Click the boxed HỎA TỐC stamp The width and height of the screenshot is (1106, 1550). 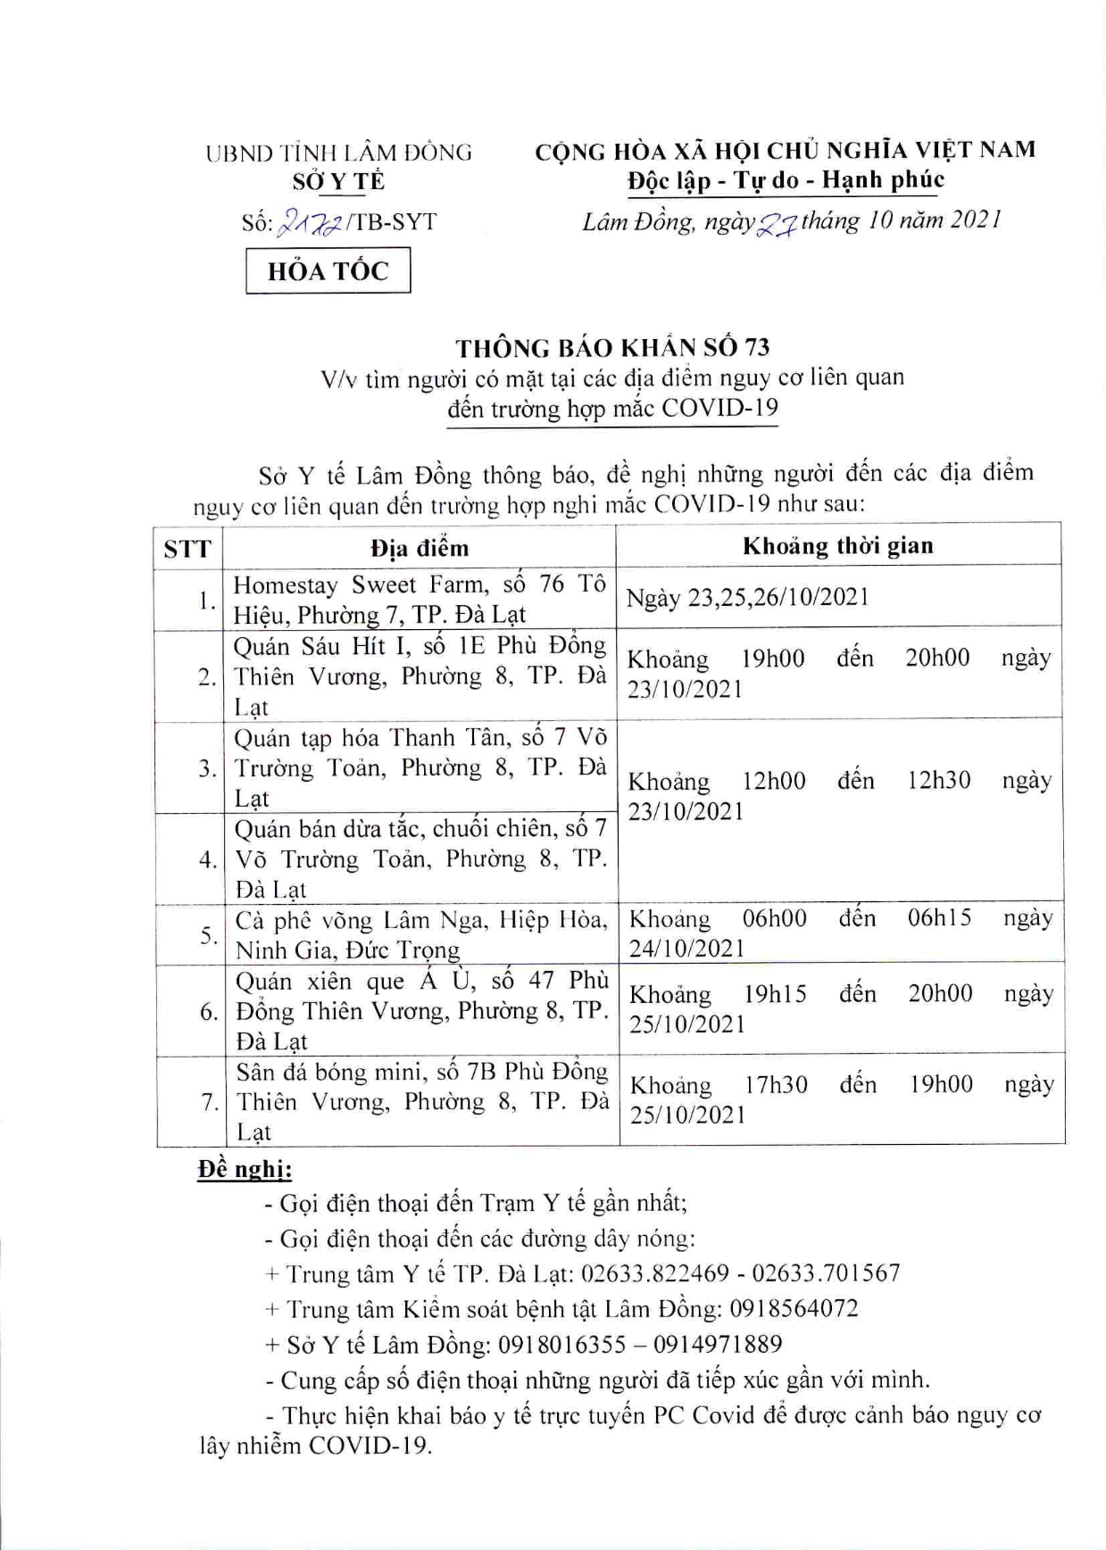click(328, 270)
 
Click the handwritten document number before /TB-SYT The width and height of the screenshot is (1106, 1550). click(310, 222)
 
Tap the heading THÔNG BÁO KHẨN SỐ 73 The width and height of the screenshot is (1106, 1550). click(612, 347)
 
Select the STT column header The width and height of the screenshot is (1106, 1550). click(187, 548)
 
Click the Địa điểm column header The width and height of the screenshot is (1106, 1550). click(419, 547)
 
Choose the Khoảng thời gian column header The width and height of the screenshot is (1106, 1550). click(837, 545)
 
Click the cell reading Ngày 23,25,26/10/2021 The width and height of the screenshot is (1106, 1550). click(747, 597)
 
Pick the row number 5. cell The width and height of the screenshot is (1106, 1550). click(208, 935)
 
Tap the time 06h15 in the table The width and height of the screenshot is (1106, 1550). click(939, 918)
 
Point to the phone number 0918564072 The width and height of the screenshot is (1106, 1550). click(794, 1309)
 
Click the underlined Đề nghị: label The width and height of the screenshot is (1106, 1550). click(245, 1169)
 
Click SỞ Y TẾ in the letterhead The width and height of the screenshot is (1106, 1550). click(338, 181)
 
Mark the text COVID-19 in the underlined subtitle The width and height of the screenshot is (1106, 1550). click(719, 408)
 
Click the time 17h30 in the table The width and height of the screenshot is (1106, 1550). click(776, 1085)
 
